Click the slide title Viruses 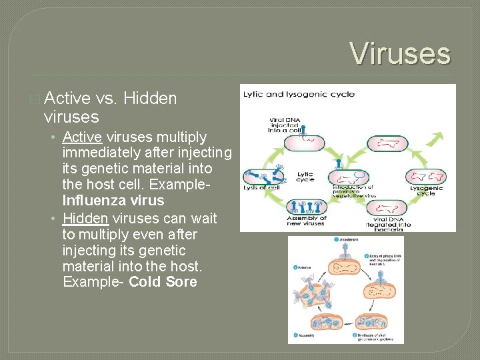[400, 53]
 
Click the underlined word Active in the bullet [82, 137]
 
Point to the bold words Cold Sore [163, 281]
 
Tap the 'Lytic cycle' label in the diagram [305, 176]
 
